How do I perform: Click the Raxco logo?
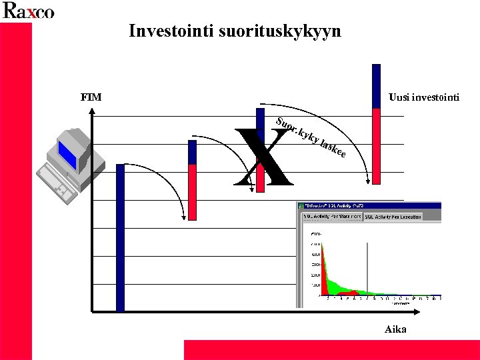coord(28,11)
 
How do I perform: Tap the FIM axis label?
coord(91,97)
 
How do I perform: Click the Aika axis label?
coord(395,329)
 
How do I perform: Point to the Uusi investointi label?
coord(423,98)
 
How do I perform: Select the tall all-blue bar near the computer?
coord(120,237)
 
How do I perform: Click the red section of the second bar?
coord(193,192)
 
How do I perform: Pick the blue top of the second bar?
coord(193,152)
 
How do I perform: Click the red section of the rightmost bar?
coord(377,145)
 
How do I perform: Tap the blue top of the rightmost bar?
coord(377,86)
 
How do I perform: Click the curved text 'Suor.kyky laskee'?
coord(311,139)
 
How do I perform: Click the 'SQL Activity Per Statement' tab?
coord(332,217)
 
